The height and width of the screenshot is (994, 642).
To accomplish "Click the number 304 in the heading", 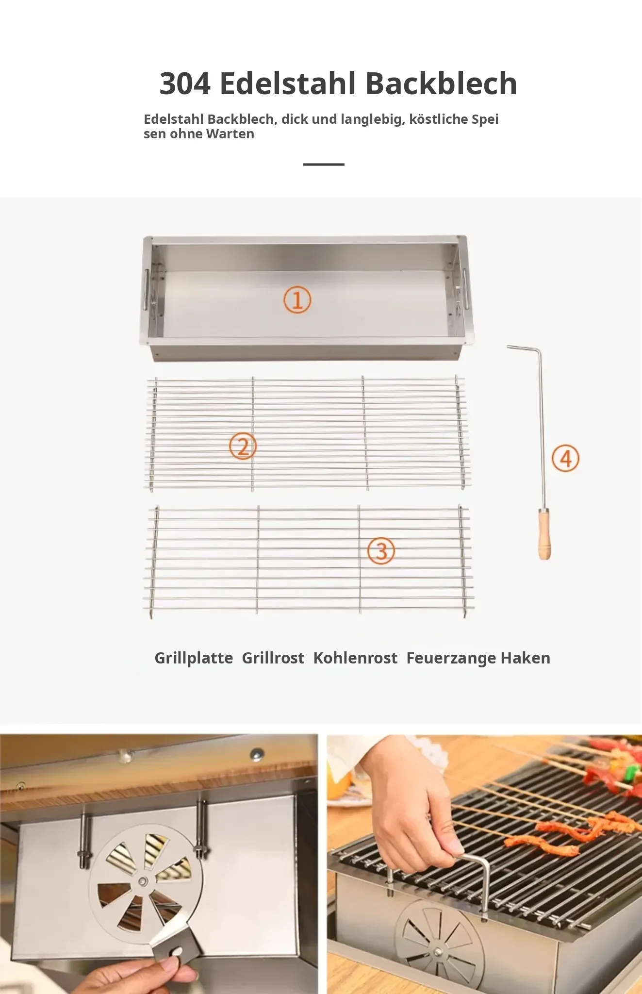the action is pos(185,83).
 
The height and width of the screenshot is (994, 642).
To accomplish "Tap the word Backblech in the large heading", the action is pos(441,83).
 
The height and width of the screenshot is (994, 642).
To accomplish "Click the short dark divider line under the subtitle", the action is pos(324,165).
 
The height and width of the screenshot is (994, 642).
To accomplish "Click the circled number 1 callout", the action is pos(297,300).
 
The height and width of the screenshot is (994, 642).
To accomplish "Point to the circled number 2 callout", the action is pos(243,447).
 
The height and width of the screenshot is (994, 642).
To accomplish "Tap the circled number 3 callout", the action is pos(381,551).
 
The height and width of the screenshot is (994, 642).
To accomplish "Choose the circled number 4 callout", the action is pos(566,459).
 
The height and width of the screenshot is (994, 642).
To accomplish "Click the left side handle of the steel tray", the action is pos(146,289).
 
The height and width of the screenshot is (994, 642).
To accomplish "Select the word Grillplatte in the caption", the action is pos(194,658).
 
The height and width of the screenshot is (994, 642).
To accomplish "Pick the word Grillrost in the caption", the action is pos(273,658).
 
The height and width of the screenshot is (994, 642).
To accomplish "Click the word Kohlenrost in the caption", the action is pos(355,658).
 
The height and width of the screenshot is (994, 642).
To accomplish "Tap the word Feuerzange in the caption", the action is pos(451,659).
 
